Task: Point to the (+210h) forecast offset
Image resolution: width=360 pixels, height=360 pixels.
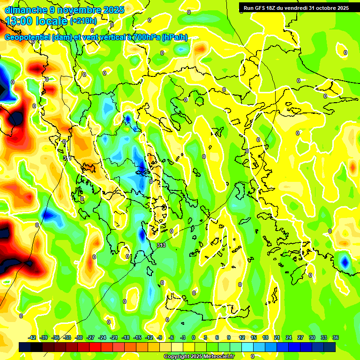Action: [83, 21]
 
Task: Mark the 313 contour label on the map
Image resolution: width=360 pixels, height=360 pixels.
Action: [161, 245]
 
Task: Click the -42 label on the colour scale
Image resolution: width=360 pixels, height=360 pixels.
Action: [32, 337]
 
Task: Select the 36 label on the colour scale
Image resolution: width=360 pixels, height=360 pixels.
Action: [335, 337]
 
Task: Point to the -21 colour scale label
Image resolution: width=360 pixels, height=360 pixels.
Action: [114, 337]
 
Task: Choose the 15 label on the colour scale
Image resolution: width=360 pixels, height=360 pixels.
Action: [253, 337]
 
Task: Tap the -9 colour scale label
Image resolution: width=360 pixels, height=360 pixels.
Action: [160, 337]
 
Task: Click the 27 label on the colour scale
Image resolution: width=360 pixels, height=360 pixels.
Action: [300, 337]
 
